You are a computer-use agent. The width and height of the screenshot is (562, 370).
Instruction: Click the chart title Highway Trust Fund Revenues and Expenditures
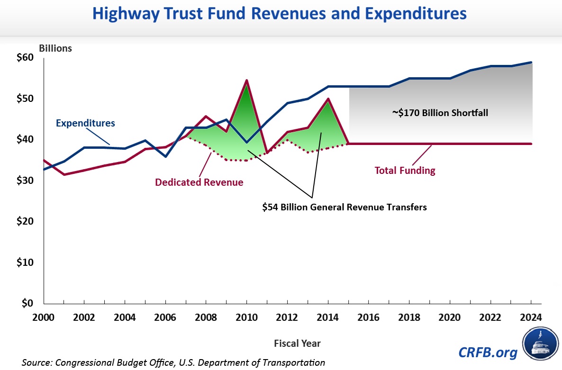point(280,14)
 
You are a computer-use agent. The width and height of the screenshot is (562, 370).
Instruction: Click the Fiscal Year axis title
point(297,343)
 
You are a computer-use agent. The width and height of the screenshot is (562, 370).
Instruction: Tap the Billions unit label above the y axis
point(55,48)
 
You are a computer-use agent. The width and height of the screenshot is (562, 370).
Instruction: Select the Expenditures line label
point(85,123)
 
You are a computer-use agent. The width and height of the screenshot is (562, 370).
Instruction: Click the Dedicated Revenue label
point(199,182)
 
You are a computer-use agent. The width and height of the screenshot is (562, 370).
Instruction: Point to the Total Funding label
point(405,170)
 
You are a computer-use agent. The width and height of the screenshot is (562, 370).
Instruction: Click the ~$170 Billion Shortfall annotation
point(440,113)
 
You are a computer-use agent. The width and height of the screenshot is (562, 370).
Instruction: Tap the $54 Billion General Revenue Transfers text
point(344,207)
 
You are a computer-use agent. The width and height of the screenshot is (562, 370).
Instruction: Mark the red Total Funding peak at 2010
point(246,81)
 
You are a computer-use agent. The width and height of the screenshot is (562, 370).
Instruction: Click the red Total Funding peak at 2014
point(328,99)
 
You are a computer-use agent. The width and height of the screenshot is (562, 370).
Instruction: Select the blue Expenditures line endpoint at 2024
point(531,63)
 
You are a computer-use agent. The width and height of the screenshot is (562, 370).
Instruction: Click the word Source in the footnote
point(36,362)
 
